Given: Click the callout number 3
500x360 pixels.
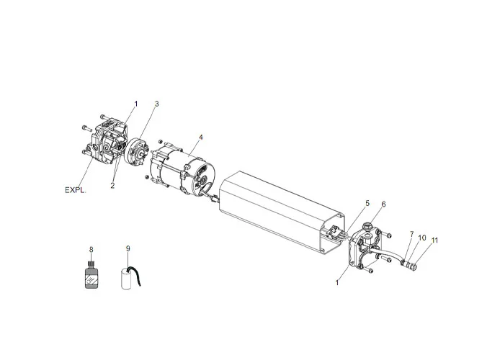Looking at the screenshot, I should tap(156, 104).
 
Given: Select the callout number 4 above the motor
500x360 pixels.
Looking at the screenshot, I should tap(201, 137).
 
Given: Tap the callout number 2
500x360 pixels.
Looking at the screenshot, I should tap(113, 185).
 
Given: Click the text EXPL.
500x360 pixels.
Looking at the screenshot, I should tap(75, 190).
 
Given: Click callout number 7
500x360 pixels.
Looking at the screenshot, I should tap(411, 234).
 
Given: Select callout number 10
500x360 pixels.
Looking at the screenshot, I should tap(422, 237).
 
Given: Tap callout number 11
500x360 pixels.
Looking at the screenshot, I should tap(434, 240).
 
